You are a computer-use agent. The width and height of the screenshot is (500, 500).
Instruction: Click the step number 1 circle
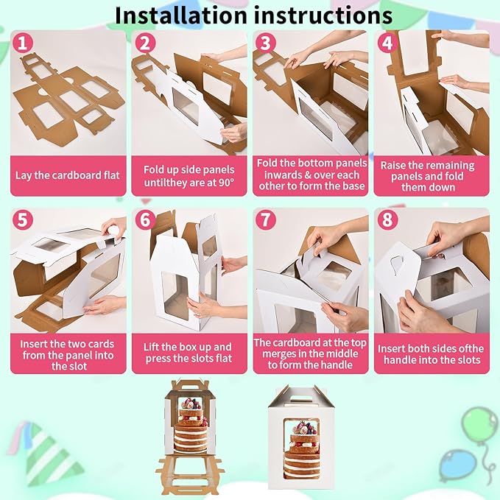tap(22, 43)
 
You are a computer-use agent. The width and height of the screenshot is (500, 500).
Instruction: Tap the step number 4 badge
tap(387, 43)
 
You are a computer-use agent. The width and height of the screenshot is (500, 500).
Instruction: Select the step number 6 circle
tap(145, 219)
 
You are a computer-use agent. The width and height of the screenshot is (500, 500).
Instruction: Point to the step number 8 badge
tap(387, 219)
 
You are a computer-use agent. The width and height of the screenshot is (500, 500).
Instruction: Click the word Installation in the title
tap(181, 15)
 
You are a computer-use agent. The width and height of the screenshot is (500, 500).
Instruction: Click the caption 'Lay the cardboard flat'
tap(68, 175)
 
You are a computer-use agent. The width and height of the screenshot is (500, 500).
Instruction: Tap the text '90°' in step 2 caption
tap(225, 183)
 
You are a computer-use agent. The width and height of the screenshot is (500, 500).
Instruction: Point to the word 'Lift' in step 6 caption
tap(150, 347)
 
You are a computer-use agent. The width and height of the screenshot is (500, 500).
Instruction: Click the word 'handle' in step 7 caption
tap(336, 365)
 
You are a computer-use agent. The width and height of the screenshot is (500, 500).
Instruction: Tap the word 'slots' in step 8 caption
tap(468, 360)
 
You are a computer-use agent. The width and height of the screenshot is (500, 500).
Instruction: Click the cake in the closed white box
tap(302, 450)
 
